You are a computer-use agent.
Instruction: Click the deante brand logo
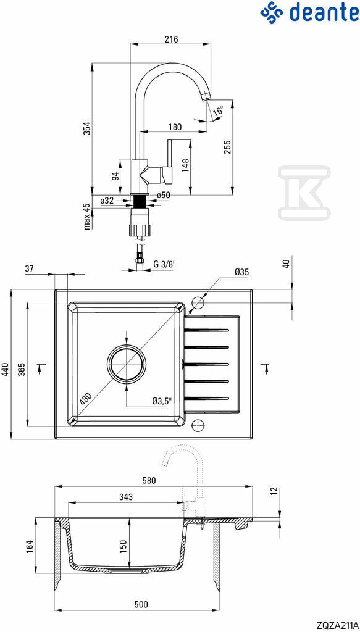[x=309, y=13]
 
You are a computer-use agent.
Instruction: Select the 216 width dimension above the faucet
[x=171, y=39]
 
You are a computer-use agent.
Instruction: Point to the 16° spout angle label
[x=218, y=111]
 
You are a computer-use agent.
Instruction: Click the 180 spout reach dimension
[x=175, y=127]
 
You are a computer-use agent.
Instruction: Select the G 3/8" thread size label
[x=165, y=264]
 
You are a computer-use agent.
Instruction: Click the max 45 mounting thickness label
[x=86, y=217]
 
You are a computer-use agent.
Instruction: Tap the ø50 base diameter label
[x=163, y=196]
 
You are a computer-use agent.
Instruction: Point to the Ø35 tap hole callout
[x=241, y=272]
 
